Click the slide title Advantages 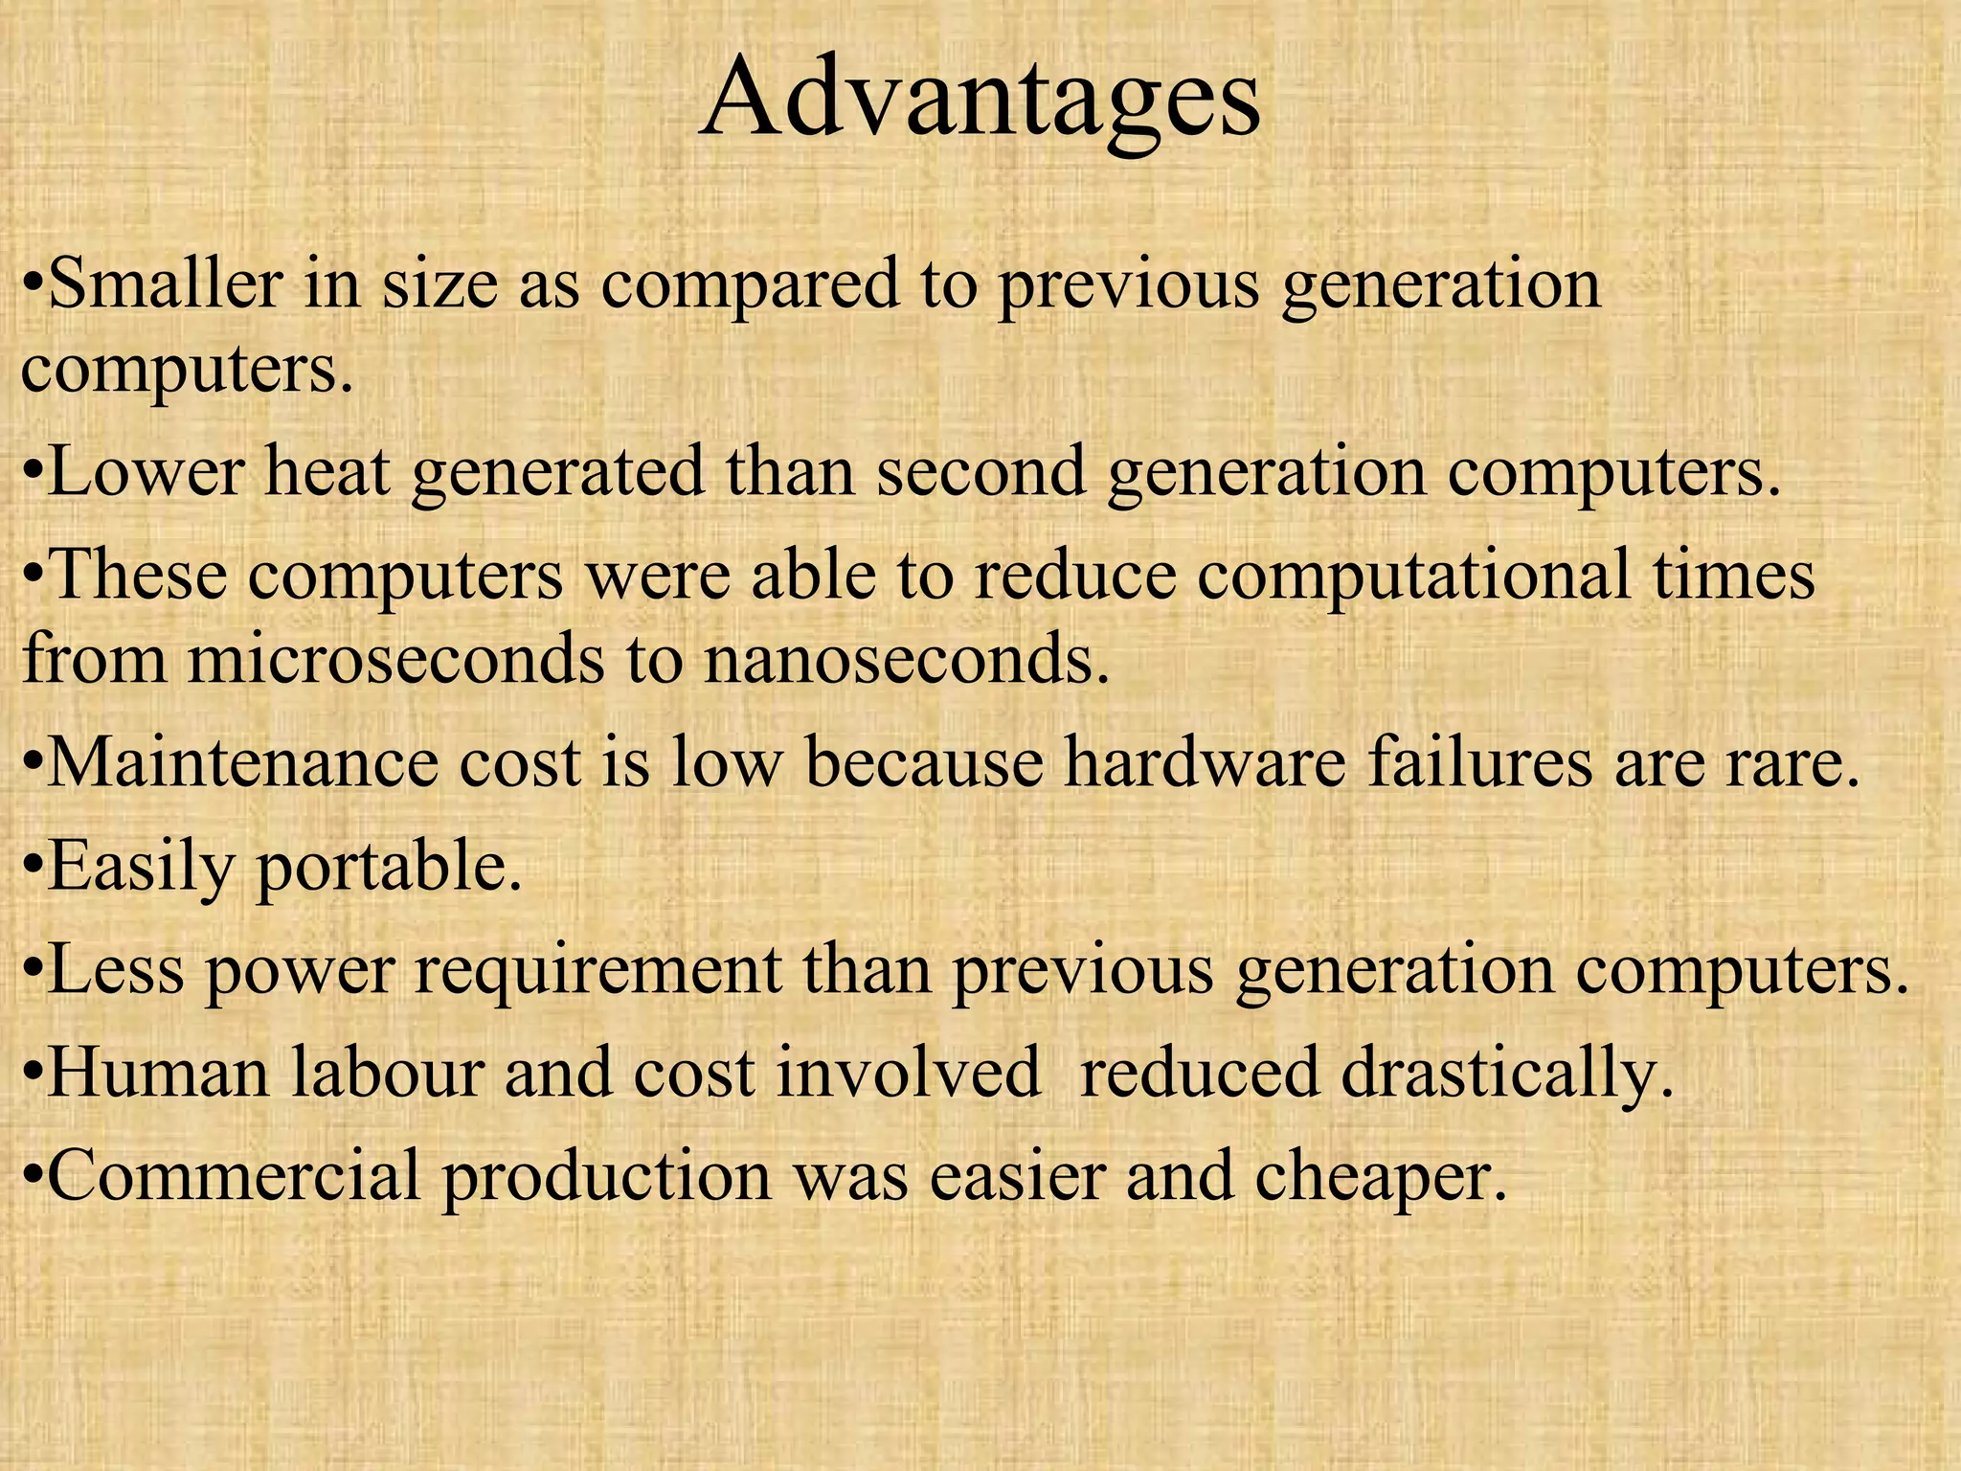[980, 101]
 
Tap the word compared [750, 284]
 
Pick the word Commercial [234, 1176]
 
